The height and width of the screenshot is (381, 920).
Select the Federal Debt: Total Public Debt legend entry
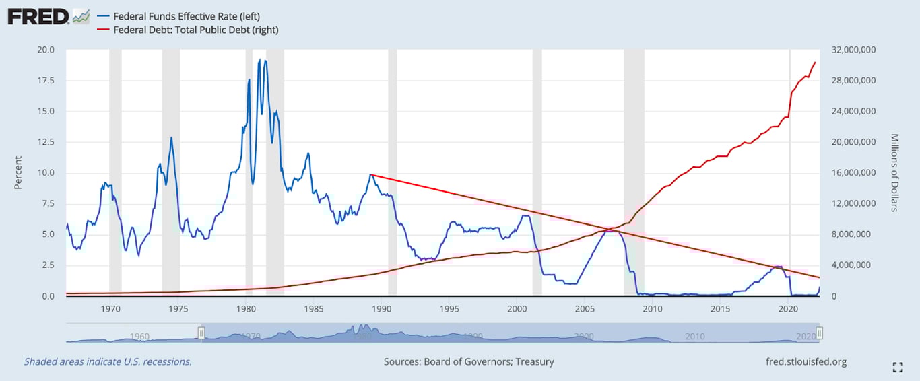pyautogui.click(x=195, y=30)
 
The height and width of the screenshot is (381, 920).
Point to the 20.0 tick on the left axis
pyautogui.click(x=47, y=50)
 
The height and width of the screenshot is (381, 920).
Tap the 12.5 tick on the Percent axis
pyautogui.click(x=47, y=142)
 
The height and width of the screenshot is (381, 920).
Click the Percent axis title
pyautogui.click(x=18, y=172)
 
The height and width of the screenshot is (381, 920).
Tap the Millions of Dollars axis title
pyautogui.click(x=894, y=172)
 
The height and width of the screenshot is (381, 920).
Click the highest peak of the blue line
pyautogui.click(x=260, y=60)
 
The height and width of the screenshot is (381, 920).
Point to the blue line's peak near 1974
pyautogui.click(x=172, y=138)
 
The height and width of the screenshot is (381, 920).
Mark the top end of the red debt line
pyautogui.click(x=816, y=63)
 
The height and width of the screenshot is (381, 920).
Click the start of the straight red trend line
pyautogui.click(x=371, y=175)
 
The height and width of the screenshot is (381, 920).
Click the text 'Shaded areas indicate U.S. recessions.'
pyautogui.click(x=108, y=361)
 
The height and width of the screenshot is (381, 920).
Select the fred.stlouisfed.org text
pyautogui.click(x=806, y=361)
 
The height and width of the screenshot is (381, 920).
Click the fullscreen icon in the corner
pyautogui.click(x=897, y=367)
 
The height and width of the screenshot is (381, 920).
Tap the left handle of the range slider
pyautogui.click(x=201, y=333)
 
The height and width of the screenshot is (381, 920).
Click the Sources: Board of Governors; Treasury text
pyautogui.click(x=469, y=361)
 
